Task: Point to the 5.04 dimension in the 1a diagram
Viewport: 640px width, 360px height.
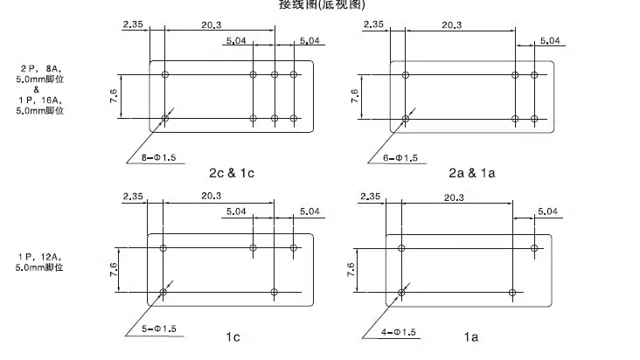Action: point(548,211)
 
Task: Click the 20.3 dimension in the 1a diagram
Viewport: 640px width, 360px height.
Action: point(454,198)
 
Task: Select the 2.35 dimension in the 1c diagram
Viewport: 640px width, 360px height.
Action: point(133,196)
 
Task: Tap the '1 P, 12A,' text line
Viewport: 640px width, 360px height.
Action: point(41,256)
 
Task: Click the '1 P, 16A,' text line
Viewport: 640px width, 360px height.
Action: point(41,100)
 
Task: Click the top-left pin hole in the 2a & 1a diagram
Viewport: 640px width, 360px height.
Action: point(405,75)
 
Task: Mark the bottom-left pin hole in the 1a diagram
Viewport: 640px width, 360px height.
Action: point(402,292)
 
